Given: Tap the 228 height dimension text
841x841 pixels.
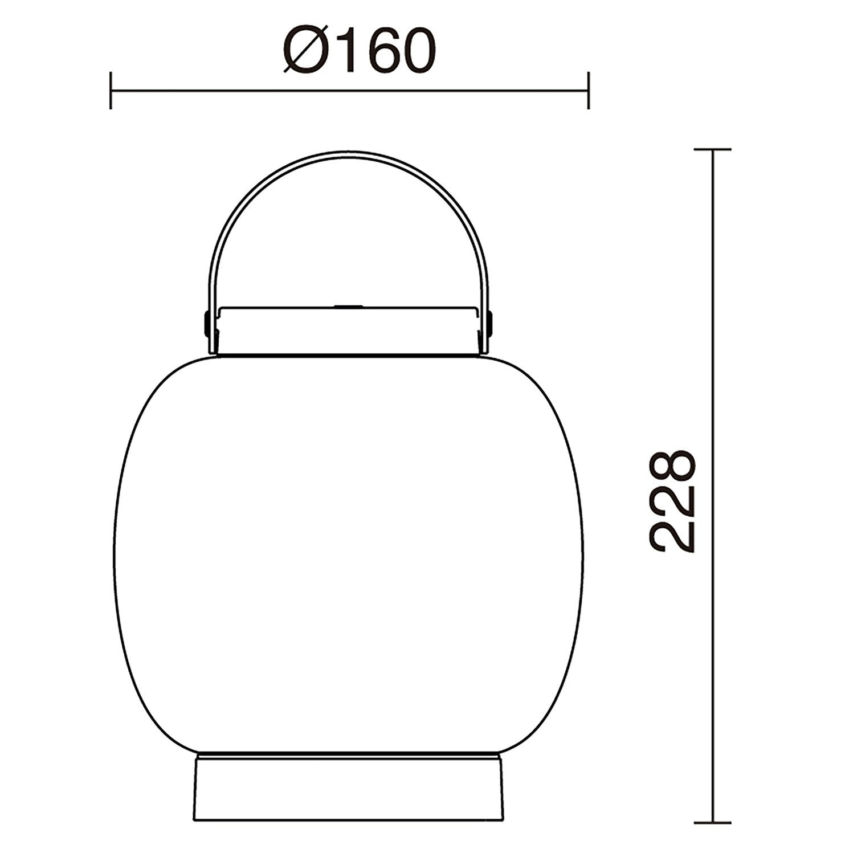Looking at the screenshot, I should [673, 501].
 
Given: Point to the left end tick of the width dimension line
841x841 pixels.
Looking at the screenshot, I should [111, 90].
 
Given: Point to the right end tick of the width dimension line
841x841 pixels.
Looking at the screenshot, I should [588, 90].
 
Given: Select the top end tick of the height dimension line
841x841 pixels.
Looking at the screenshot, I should [712, 149].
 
